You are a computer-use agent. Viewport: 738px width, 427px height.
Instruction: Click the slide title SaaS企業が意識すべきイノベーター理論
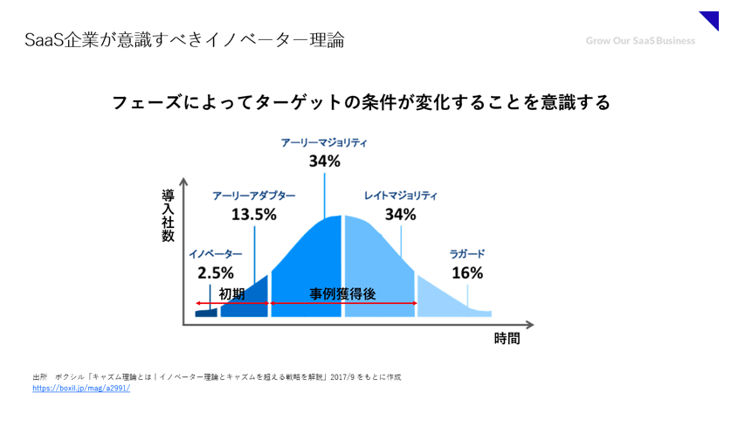[184, 40]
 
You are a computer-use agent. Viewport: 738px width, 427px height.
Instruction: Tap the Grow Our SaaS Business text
[640, 40]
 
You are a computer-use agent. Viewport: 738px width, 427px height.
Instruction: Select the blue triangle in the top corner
[711, 19]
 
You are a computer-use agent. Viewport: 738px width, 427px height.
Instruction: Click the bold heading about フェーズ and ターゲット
[361, 102]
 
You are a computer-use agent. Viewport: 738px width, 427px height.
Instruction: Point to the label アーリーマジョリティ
[324, 141]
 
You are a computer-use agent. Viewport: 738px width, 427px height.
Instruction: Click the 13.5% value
[254, 215]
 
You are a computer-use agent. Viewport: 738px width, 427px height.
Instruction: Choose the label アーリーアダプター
[254, 196]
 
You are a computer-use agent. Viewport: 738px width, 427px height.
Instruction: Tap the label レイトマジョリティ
[401, 196]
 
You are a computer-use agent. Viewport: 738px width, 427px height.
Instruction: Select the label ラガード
[467, 254]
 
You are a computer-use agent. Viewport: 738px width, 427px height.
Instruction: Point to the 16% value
[467, 272]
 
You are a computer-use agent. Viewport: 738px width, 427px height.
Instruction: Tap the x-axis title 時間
[507, 339]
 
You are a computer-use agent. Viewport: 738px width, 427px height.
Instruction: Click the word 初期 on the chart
[231, 294]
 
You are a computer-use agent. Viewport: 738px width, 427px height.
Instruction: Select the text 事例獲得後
[342, 294]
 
